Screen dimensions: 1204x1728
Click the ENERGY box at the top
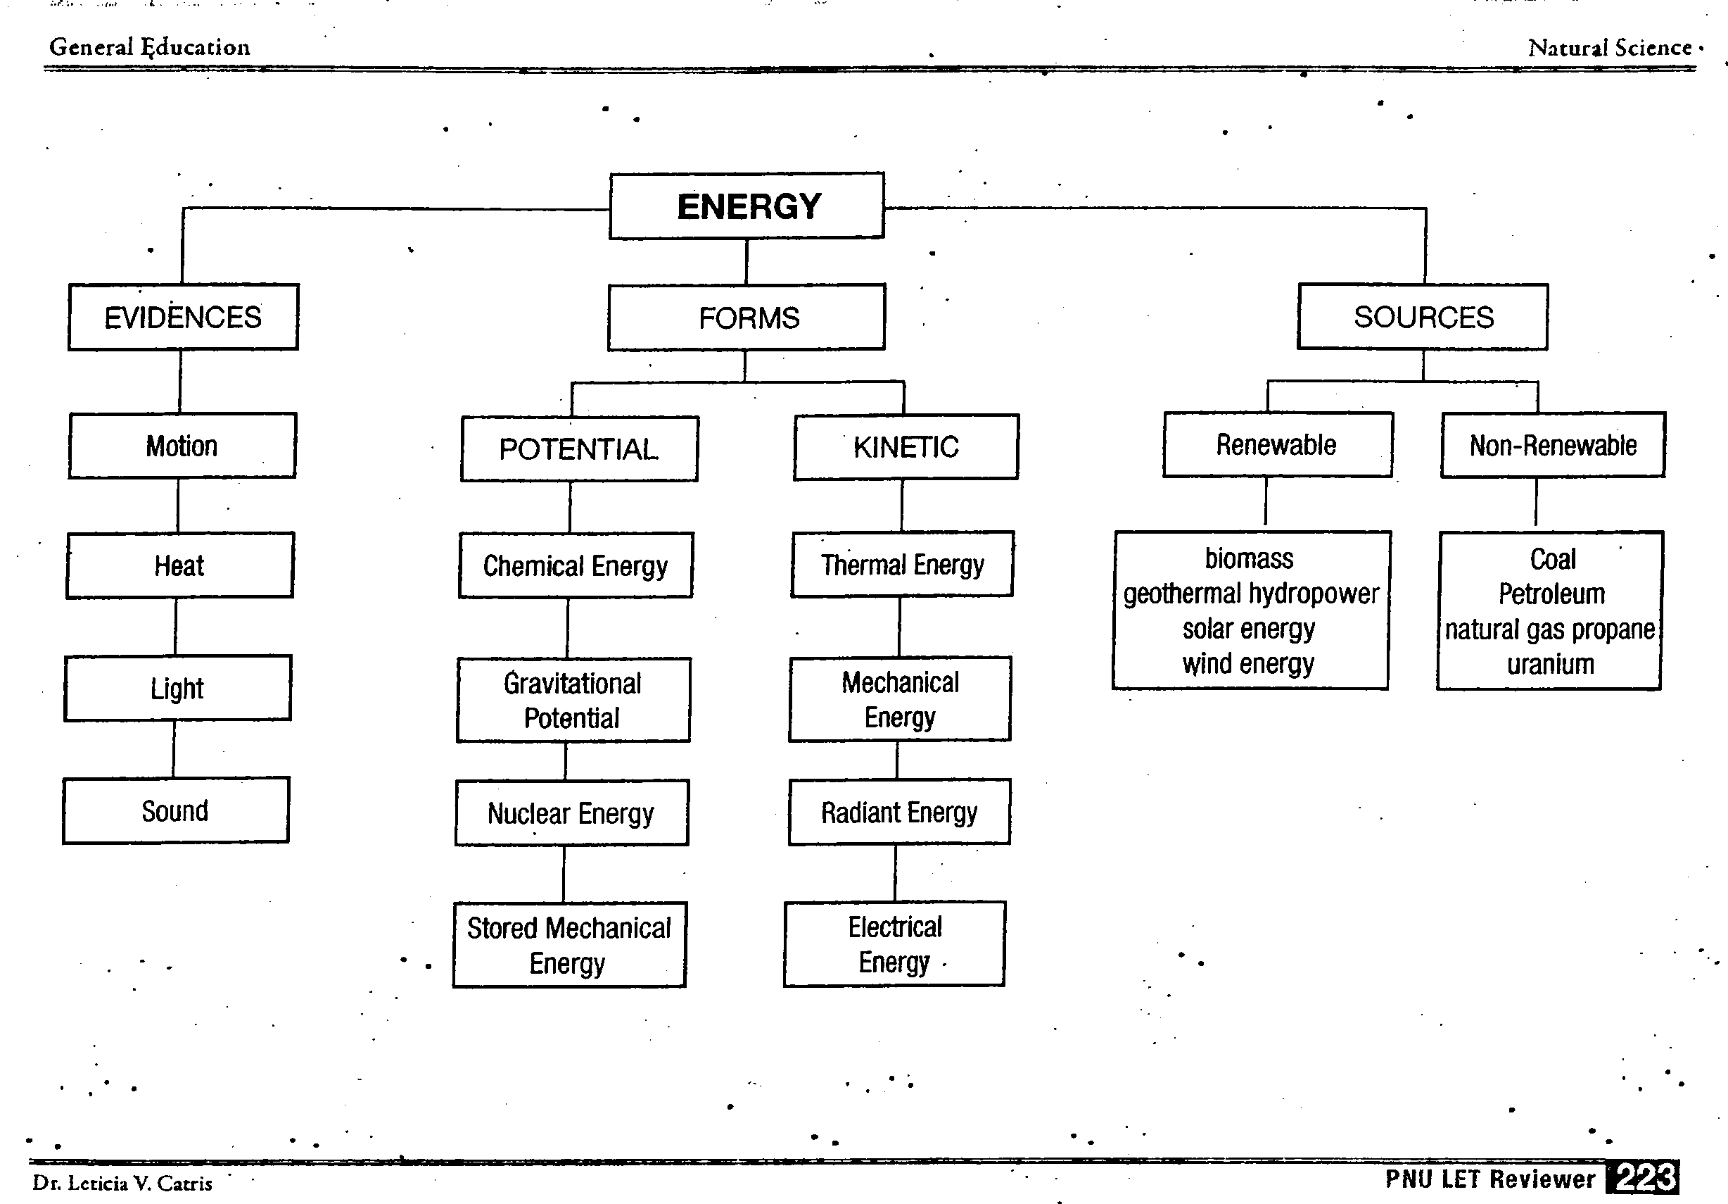pyautogui.click(x=747, y=206)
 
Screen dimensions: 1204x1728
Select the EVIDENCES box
pyautogui.click(x=183, y=317)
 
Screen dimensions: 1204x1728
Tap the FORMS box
pyautogui.click(x=747, y=317)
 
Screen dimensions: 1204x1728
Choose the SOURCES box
pyautogui.click(x=1423, y=317)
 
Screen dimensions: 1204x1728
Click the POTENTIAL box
pyautogui.click(x=579, y=449)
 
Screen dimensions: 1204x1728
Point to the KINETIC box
pyautogui.click(x=906, y=447)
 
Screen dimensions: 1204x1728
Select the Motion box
pyautogui.click(x=182, y=446)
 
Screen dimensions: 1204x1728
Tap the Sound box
pyautogui.click(x=175, y=811)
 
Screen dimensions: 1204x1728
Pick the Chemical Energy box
pyautogui.click(x=576, y=565)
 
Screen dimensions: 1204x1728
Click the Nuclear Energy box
pyautogui.click(x=571, y=813)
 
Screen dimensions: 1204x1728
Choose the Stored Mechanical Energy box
pyautogui.click(x=569, y=945)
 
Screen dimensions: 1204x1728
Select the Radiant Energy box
pyautogui.click(x=899, y=813)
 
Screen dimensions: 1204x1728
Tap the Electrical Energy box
pyautogui.click(x=894, y=944)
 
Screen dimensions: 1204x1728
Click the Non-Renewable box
pyautogui.click(x=1553, y=445)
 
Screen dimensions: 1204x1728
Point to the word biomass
pyautogui.click(x=1249, y=559)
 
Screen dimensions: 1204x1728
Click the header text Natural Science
pyautogui.click(x=1610, y=48)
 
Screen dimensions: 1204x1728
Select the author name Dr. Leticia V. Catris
pyautogui.click(x=122, y=1183)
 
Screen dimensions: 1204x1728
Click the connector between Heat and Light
pyautogui.click(x=175, y=627)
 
